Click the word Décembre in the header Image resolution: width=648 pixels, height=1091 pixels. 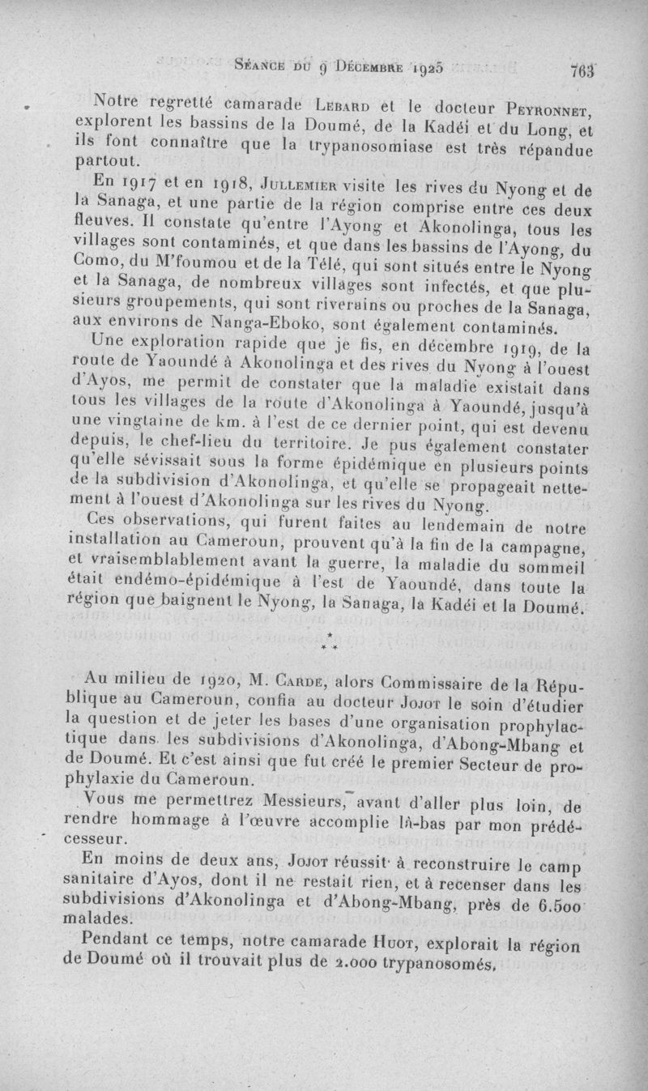pyautogui.click(x=356, y=66)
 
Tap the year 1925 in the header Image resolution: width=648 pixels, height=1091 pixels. pyautogui.click(x=422, y=68)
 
